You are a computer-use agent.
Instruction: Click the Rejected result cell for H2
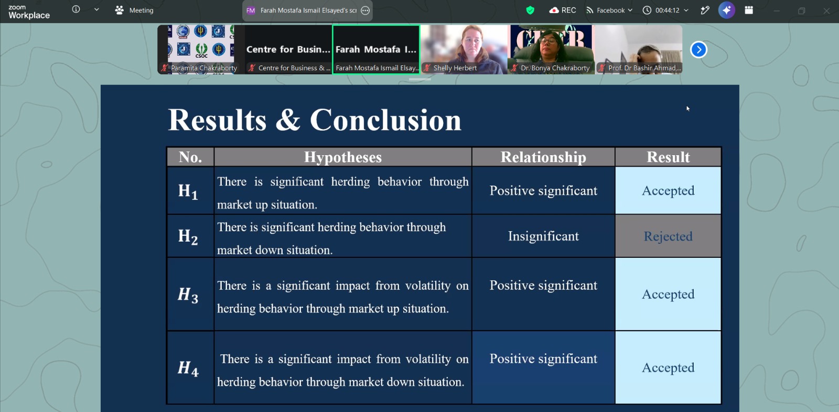coord(668,236)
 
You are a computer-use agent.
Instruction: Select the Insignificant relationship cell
coord(543,236)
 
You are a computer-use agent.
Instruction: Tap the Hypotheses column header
coord(343,157)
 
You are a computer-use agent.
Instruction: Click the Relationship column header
coord(543,157)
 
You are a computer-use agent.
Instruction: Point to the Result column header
coord(668,157)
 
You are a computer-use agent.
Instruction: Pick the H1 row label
coord(188,191)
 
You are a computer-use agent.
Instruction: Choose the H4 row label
coord(188,368)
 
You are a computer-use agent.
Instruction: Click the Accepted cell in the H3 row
coord(668,294)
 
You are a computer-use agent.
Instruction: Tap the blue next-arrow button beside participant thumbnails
coord(698,49)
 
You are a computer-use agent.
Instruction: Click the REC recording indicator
coord(562,10)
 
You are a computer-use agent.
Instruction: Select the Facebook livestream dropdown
coord(609,10)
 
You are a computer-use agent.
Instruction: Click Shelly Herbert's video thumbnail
coord(464,49)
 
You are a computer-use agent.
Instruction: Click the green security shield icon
coord(530,10)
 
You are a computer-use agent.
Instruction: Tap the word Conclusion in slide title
coord(385,120)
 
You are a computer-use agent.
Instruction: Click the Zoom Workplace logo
coord(29,12)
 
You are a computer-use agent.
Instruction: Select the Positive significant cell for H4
coord(543,359)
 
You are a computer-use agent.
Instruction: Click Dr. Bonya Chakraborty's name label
coord(555,68)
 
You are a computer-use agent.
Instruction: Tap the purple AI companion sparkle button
coord(726,10)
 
